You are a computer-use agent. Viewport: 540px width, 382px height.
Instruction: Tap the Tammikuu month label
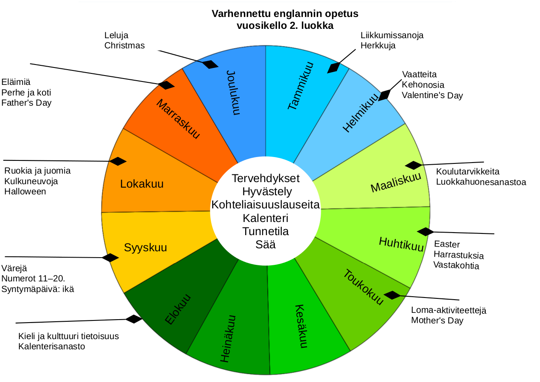(300, 86)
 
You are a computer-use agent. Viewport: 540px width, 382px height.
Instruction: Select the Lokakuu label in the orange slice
(142, 184)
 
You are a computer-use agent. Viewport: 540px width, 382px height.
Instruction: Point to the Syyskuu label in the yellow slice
(145, 247)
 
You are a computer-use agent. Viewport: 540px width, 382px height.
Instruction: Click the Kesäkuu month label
(300, 326)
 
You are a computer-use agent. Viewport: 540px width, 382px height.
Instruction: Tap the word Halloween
(25, 191)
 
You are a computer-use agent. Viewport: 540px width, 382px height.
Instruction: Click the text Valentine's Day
(432, 95)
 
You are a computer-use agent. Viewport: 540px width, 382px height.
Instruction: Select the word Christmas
(124, 45)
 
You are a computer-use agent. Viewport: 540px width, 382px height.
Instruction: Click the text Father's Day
(26, 103)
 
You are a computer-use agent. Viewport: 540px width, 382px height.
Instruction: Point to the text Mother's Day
(437, 320)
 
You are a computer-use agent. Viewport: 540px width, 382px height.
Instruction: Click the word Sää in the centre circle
(266, 244)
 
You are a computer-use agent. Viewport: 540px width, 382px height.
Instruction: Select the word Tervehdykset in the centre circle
(266, 178)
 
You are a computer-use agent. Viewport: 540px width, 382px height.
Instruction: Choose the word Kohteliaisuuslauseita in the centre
(266, 205)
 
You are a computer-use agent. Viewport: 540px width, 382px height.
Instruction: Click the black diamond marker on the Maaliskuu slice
(414, 165)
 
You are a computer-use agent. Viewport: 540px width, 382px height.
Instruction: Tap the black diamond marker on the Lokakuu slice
(118, 161)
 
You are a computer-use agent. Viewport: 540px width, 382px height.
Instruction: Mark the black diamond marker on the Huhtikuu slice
(425, 232)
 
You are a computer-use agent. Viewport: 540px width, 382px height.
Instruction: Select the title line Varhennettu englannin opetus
(285, 14)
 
